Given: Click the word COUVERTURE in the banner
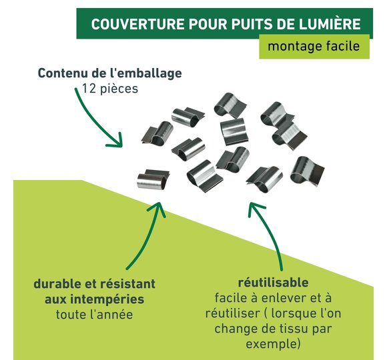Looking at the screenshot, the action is click(137, 24).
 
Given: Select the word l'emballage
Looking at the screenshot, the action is click(145, 74).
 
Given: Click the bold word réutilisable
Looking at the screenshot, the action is click(273, 283).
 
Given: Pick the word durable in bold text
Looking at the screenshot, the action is click(57, 283).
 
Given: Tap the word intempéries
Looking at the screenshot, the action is click(107, 300).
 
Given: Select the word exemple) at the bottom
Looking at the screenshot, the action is click(273, 344).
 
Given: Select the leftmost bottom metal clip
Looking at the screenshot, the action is click(153, 179).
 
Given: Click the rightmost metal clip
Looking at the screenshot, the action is click(307, 171).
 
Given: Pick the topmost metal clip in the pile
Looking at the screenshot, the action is click(230, 105).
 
